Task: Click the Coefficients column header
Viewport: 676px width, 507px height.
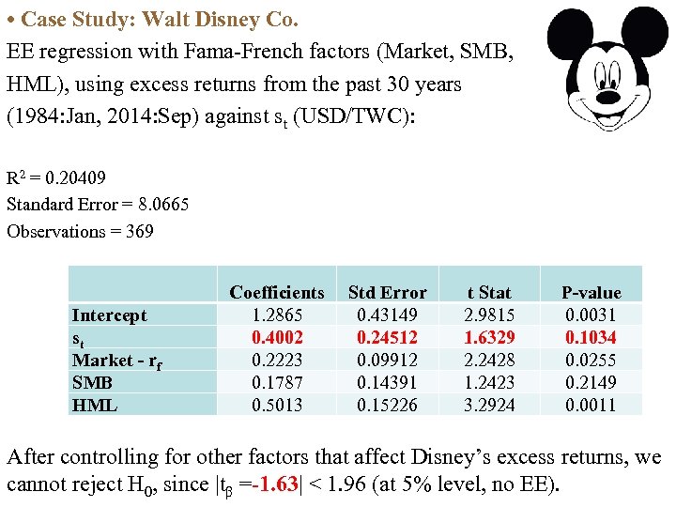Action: point(276,293)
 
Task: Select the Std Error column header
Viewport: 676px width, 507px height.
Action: point(387,293)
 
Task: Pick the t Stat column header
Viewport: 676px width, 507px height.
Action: point(489,293)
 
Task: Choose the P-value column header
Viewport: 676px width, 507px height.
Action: point(591,293)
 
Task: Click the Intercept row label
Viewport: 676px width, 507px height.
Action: point(110,315)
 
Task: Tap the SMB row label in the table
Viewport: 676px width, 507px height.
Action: point(93,383)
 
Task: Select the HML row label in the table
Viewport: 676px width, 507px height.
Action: point(94,406)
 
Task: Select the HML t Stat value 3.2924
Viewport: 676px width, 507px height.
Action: point(489,406)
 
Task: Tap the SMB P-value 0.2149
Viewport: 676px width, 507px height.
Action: point(591,383)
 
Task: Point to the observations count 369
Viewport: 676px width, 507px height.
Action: point(139,231)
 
